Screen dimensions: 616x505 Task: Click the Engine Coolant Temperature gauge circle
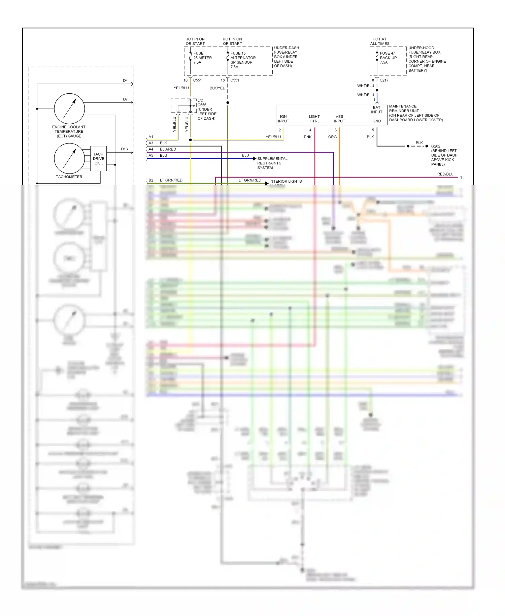click(69, 109)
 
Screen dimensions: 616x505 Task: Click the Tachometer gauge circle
click(69, 158)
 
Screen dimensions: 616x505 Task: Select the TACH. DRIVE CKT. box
click(98, 159)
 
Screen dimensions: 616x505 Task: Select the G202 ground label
click(436, 146)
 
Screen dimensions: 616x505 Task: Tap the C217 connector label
click(384, 80)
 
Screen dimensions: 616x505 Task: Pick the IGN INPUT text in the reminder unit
click(283, 119)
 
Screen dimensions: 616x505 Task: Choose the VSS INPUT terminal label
click(339, 119)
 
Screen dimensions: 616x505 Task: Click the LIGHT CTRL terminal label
click(314, 119)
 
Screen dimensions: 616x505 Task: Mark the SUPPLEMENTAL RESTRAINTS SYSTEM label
click(272, 163)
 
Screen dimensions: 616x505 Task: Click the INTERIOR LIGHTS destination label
click(285, 181)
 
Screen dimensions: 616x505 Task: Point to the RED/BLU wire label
click(445, 174)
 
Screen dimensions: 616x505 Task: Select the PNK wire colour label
click(307, 137)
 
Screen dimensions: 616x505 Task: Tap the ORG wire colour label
click(332, 137)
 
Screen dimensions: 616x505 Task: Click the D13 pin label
click(124, 149)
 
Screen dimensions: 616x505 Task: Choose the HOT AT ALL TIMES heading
click(379, 41)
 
